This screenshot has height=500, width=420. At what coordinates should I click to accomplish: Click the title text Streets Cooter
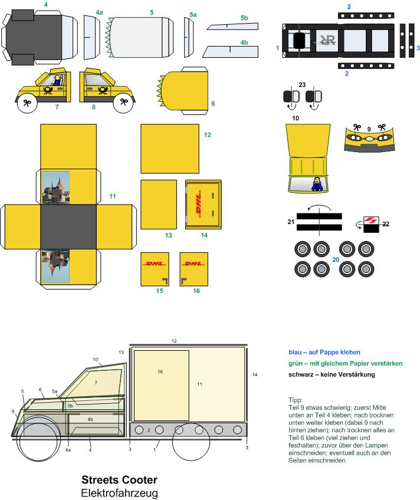click(119, 479)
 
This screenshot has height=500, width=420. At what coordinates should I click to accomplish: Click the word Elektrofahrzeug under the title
click(119, 492)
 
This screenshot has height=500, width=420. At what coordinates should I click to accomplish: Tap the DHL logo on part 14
click(203, 205)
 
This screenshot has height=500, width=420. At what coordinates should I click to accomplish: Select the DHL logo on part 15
click(154, 264)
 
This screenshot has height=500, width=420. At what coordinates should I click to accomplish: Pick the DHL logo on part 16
click(192, 264)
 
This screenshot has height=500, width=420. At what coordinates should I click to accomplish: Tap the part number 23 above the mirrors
click(303, 85)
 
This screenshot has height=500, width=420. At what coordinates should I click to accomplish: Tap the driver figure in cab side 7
click(57, 80)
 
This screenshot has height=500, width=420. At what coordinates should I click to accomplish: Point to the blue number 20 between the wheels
click(336, 258)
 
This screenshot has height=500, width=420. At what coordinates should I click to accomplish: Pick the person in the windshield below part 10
click(317, 185)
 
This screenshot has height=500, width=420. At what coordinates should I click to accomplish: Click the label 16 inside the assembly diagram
click(160, 372)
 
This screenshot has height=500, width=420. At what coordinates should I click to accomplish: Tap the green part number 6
click(212, 104)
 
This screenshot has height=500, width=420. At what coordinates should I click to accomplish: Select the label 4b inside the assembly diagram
click(90, 419)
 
